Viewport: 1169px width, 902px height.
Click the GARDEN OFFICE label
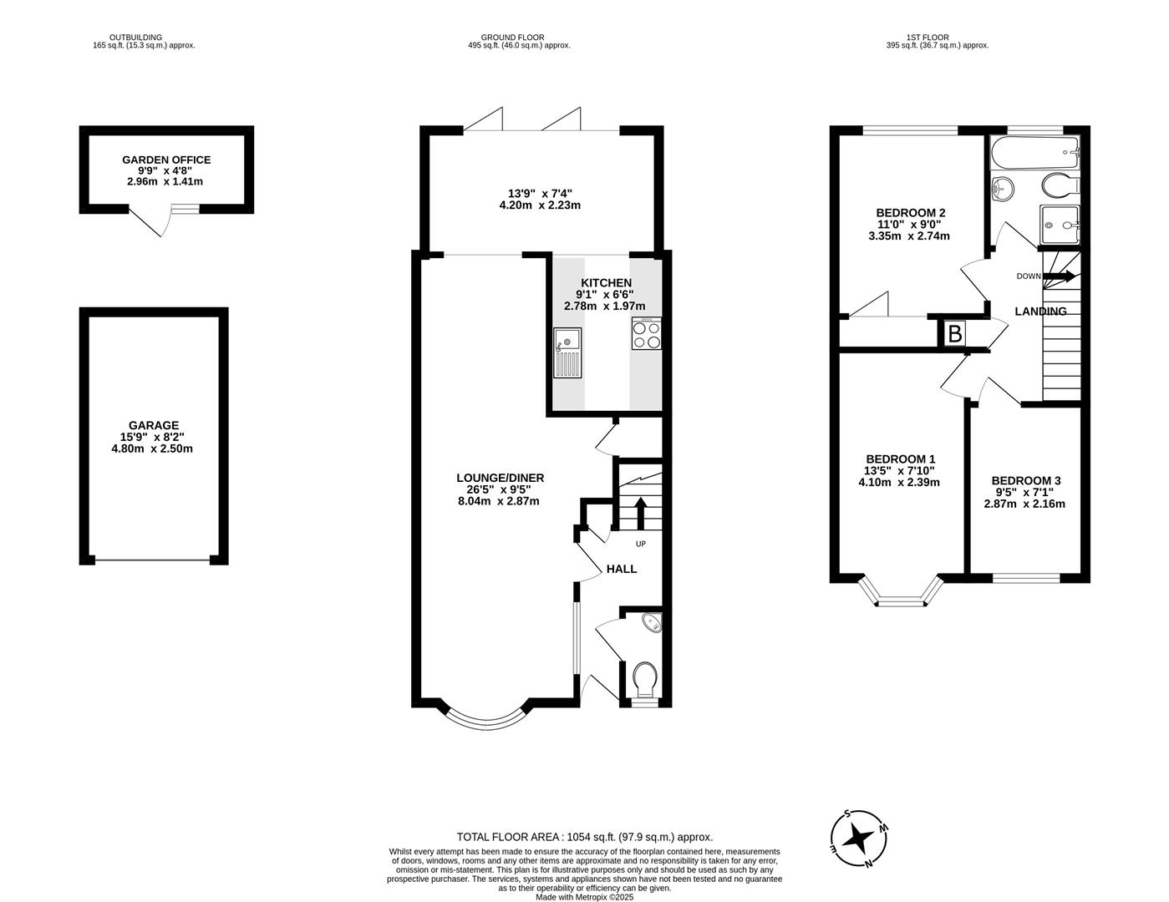point(166,160)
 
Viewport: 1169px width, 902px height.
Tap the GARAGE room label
point(153,425)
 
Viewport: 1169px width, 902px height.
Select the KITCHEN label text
point(606,283)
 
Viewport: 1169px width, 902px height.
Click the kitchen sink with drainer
point(567,352)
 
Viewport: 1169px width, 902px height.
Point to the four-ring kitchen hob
point(647,334)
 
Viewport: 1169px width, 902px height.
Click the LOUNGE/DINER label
point(501,478)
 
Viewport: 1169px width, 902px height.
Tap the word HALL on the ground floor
point(622,570)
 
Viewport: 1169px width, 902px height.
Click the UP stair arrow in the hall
point(640,514)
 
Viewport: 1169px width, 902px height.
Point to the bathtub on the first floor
point(1034,152)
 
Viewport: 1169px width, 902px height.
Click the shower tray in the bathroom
point(1060,225)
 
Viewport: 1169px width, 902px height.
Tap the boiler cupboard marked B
point(954,334)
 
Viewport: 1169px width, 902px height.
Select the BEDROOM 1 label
point(901,459)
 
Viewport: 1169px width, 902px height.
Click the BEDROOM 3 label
point(1026,481)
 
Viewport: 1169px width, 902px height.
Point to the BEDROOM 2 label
point(910,213)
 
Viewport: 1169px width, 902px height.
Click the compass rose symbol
point(859,838)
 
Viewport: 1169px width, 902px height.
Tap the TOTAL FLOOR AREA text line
point(585,837)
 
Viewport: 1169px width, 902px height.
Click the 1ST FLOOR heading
point(928,37)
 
